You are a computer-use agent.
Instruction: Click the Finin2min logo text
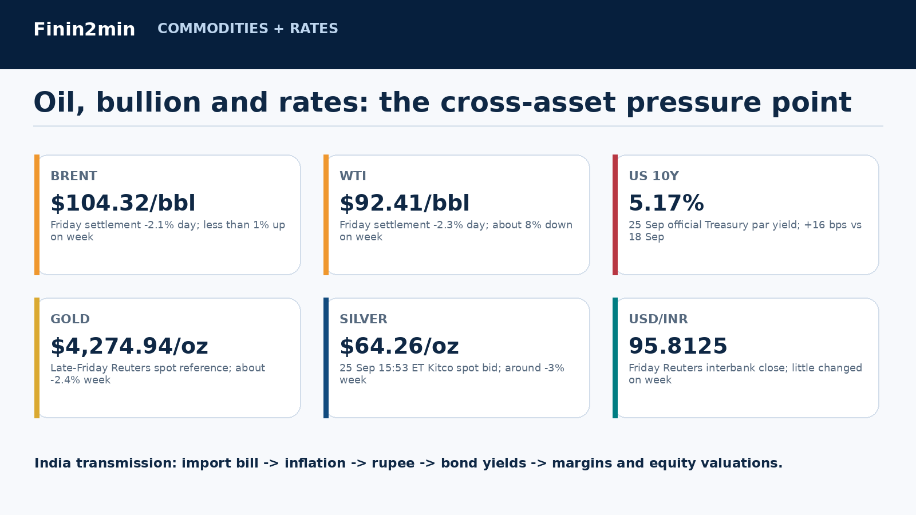tap(84, 29)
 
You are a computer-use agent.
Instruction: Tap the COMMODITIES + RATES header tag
tap(248, 29)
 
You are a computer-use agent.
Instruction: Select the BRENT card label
tap(74, 176)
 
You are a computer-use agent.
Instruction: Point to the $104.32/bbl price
tap(123, 203)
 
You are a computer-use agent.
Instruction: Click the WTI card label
tap(353, 176)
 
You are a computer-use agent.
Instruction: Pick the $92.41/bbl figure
tap(404, 203)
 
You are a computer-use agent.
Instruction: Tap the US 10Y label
tap(653, 176)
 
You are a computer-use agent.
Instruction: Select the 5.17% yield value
tap(666, 203)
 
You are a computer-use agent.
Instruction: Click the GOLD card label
tap(70, 319)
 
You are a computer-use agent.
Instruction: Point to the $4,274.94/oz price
tap(129, 346)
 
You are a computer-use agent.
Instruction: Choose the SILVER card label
tap(363, 319)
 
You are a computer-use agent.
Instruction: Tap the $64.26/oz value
tap(399, 346)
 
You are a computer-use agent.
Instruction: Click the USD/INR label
tap(658, 319)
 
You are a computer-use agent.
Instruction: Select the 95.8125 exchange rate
tap(678, 346)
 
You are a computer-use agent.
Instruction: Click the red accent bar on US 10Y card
tap(615, 215)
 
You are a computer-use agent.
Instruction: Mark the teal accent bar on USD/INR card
tap(615, 358)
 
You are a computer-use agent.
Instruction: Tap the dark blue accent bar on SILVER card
tap(326, 358)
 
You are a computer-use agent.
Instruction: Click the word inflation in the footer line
tap(315, 463)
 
